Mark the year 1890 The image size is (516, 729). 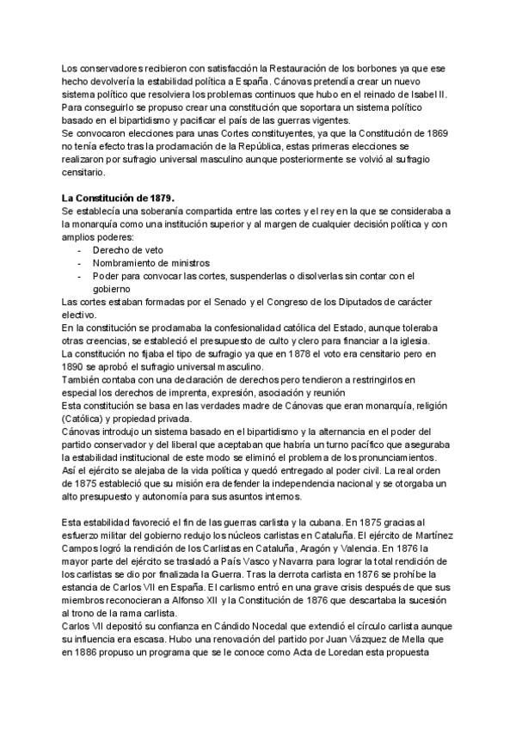[x=71, y=366]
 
